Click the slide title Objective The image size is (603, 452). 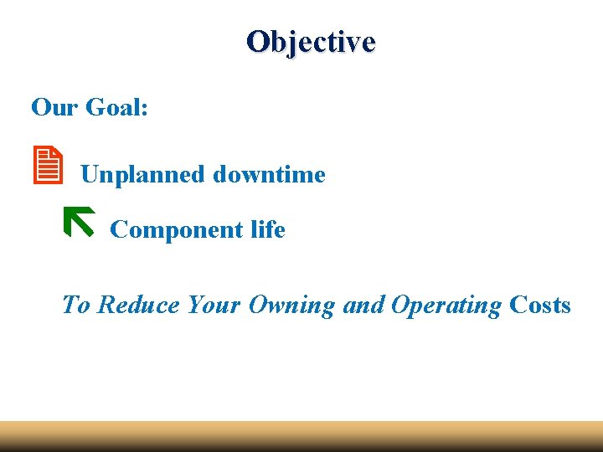coord(311,41)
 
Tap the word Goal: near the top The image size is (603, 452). coord(117,107)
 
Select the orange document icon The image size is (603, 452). coord(50,165)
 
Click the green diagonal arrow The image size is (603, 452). coord(79,221)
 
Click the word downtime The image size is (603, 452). coord(269,175)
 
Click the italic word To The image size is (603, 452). coord(75,305)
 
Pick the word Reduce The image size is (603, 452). coord(138,305)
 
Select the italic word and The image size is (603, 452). coord(363,305)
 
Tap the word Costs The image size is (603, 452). coord(540,305)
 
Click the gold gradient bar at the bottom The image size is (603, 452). coord(301,436)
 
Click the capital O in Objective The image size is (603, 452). coord(257,41)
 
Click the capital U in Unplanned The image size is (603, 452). coord(90,175)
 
